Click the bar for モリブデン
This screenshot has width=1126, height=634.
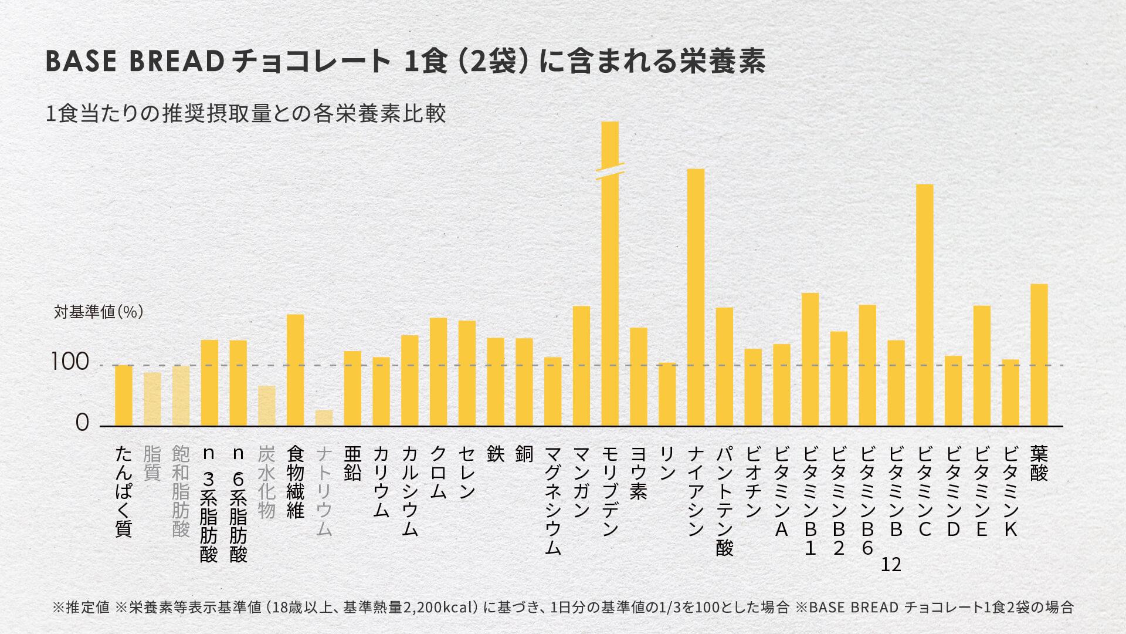click(610, 294)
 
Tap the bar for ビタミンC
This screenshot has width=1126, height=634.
click(924, 305)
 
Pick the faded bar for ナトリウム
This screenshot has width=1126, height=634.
click(324, 418)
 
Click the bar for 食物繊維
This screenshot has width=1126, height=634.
click(295, 370)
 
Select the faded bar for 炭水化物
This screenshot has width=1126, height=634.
click(267, 406)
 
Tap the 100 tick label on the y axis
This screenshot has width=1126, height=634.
click(70, 363)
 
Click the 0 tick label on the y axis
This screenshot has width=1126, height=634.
click(82, 423)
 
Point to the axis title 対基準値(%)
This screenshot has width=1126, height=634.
click(99, 312)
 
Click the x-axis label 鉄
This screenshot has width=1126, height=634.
click(496, 454)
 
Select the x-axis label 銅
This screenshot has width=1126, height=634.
click(524, 454)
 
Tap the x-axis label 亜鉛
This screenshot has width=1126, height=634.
click(352, 463)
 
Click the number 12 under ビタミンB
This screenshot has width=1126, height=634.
click(891, 565)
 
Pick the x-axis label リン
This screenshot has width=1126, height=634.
click(667, 463)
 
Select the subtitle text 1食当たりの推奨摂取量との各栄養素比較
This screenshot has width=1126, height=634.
click(246, 113)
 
